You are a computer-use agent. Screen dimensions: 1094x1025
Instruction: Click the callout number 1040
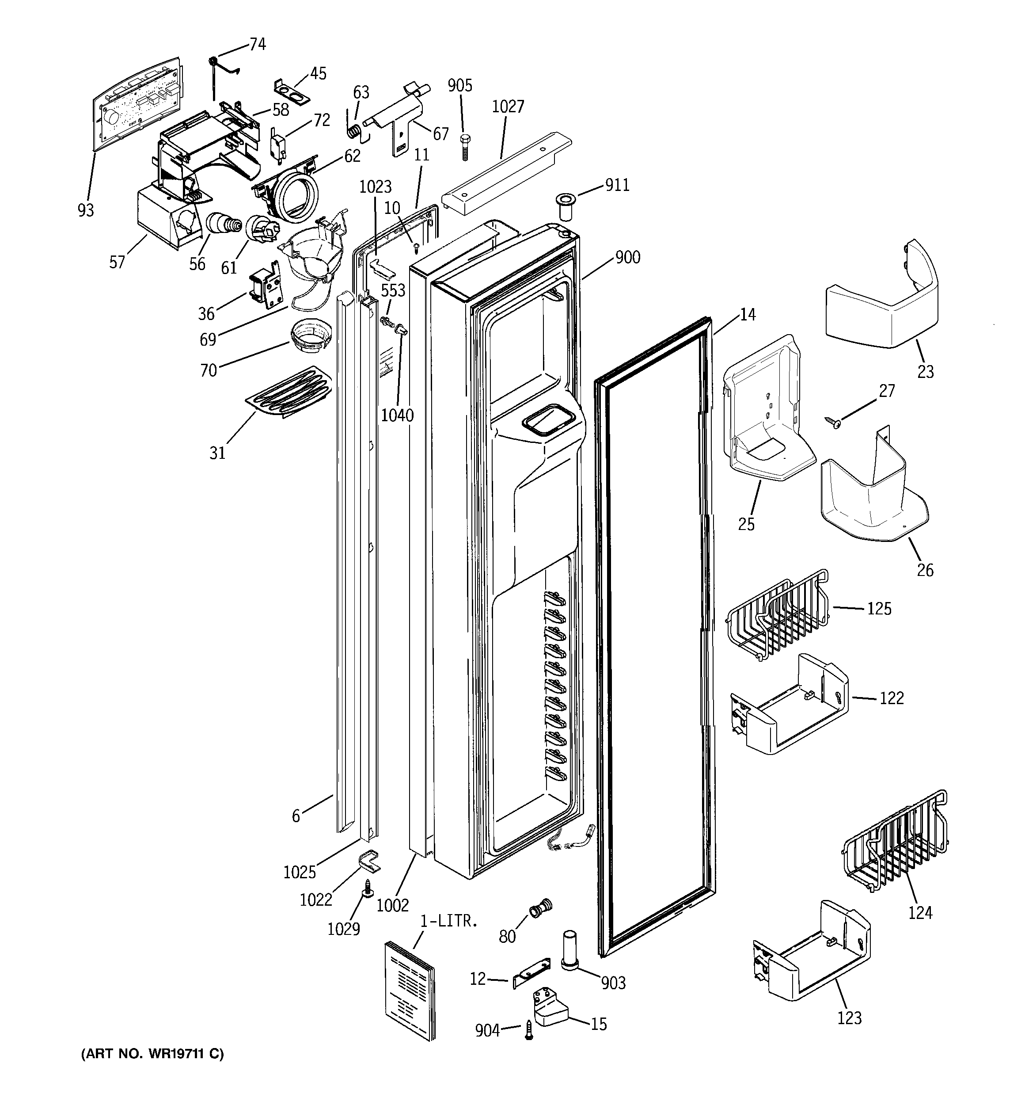397,415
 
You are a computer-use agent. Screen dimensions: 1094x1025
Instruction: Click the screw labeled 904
529,1029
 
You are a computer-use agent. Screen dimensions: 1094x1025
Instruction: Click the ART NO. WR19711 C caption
152,1054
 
